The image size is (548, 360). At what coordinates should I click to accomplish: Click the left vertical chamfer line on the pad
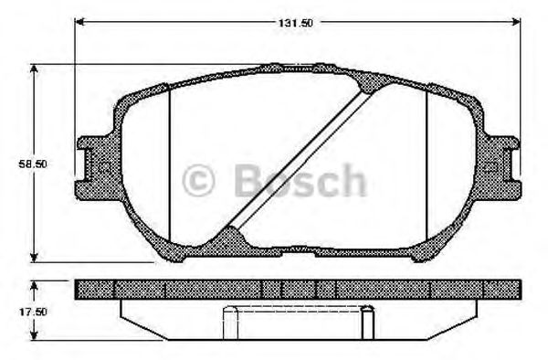click(170, 160)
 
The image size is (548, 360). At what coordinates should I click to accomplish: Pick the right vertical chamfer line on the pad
click(427, 160)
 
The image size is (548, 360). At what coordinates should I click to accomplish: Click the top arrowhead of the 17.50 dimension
click(35, 282)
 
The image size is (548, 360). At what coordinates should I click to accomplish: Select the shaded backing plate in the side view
click(297, 289)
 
